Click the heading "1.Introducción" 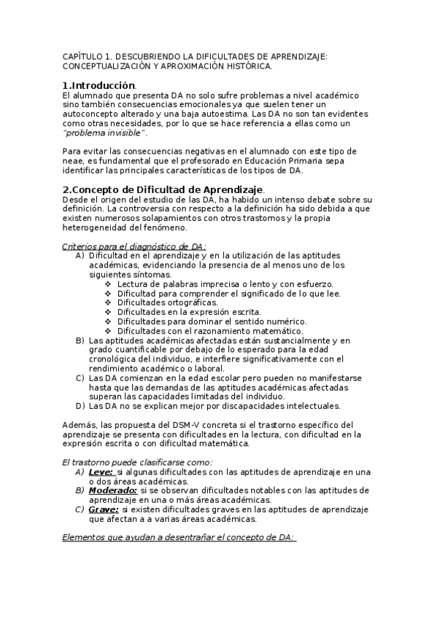click(98, 85)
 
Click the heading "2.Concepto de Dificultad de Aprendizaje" click(162, 189)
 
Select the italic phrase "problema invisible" click(104, 133)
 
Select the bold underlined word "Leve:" click(101, 472)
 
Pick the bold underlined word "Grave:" click(103, 509)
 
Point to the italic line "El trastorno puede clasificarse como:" click(137, 462)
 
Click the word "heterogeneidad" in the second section click(96, 227)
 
